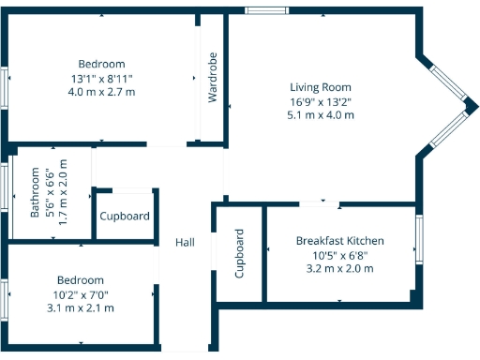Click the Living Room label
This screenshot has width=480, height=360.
point(321,87)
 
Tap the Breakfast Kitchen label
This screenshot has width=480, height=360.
point(339,241)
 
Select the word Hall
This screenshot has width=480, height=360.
point(185,242)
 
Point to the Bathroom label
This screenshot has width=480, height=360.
point(36,192)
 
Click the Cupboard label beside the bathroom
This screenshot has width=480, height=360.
point(125,217)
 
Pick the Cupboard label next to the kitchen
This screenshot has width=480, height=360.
point(240,254)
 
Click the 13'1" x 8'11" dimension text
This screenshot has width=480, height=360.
point(101,79)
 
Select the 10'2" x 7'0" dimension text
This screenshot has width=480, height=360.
point(81,293)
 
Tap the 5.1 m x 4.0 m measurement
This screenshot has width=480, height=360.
point(321,115)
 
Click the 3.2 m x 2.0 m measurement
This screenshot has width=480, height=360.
point(339,268)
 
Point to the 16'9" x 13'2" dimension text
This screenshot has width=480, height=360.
point(321,101)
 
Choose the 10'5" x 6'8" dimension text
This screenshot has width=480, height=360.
point(339,255)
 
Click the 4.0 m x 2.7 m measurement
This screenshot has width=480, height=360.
point(101,92)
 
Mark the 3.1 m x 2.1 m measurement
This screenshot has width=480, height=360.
point(81,307)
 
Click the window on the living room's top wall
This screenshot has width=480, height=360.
point(266,10)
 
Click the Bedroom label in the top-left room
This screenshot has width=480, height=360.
point(101,65)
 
